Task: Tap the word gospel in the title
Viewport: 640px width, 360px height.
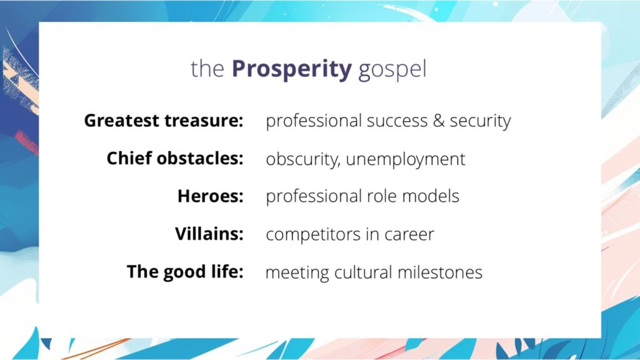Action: (392, 70)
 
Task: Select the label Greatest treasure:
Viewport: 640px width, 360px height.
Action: (164, 121)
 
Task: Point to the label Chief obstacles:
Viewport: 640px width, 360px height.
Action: (175, 159)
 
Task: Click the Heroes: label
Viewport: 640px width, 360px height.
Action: (211, 196)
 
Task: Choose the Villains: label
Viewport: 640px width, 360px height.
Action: (209, 234)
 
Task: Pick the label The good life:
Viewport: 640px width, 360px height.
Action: (185, 272)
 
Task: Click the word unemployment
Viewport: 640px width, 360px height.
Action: (406, 159)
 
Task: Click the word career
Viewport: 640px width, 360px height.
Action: (411, 235)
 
